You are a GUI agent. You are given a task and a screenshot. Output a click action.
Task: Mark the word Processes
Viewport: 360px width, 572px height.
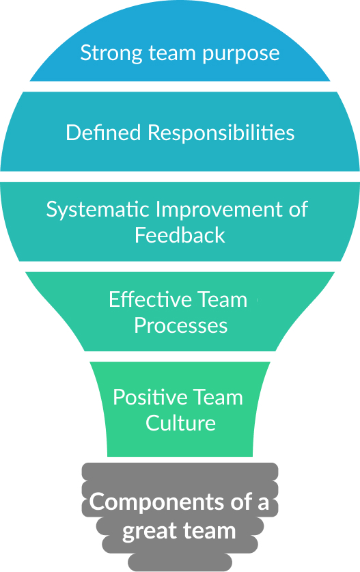tap(180, 325)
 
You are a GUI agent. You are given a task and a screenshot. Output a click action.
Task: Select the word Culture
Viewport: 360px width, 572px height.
tap(180, 422)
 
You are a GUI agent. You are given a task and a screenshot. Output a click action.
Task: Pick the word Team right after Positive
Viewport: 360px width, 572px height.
tap(215, 397)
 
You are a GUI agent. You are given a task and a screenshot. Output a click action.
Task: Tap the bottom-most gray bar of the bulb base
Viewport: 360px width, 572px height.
tap(180, 563)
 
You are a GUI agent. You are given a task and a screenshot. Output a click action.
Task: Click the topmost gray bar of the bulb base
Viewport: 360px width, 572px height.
tap(180, 471)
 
